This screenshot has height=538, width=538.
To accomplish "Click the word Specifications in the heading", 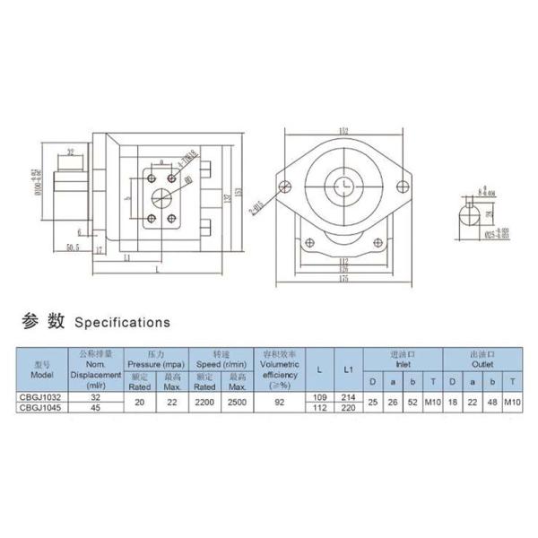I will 121,320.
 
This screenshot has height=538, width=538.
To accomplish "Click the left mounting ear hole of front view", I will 285,187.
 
